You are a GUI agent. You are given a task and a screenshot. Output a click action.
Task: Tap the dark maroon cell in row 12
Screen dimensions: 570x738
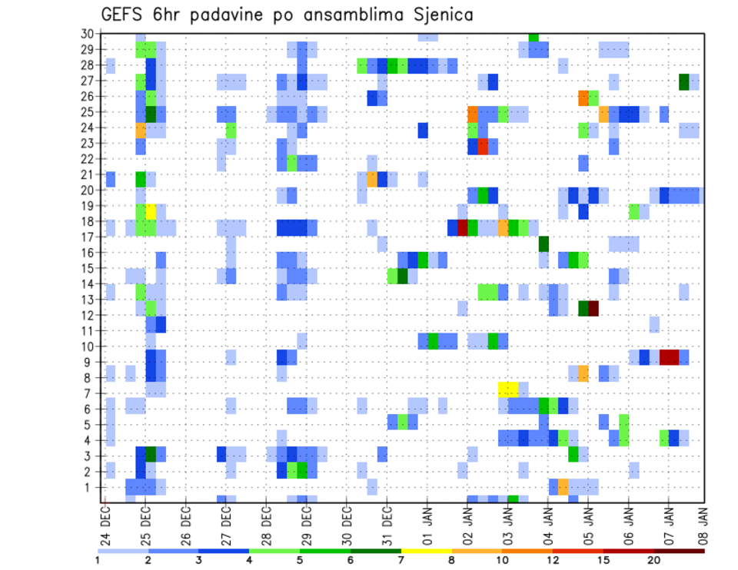point(593,308)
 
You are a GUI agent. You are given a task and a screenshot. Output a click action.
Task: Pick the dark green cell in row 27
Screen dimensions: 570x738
point(683,81)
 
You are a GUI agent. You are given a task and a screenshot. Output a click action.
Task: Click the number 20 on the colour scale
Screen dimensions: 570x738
point(654,559)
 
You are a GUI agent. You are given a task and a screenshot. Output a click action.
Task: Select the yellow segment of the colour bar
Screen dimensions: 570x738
point(426,550)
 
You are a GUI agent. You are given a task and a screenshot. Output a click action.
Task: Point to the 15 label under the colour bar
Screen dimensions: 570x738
point(603,559)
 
